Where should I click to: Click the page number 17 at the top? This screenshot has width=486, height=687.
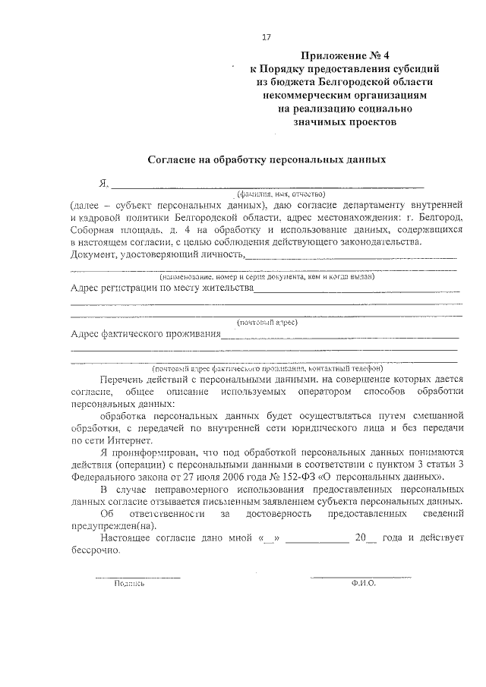point(266,37)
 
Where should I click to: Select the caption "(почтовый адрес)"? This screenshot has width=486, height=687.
point(267,322)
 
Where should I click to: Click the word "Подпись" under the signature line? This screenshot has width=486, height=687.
point(128,584)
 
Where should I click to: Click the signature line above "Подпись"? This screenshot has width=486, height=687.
point(137,577)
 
